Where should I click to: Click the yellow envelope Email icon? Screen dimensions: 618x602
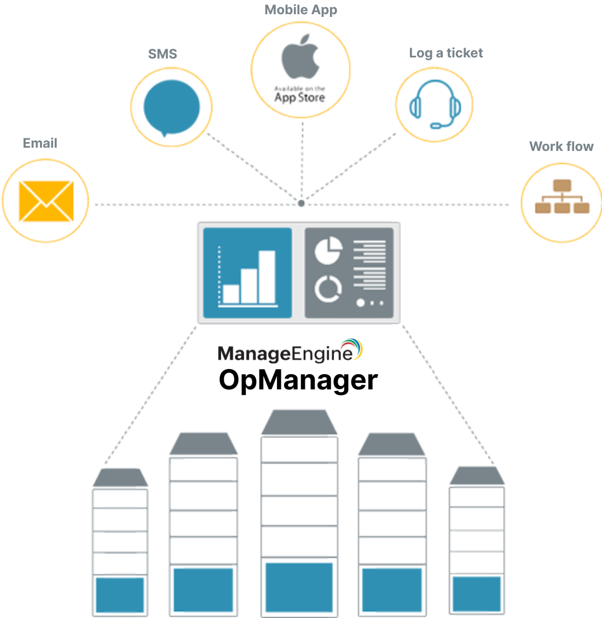[x=46, y=201]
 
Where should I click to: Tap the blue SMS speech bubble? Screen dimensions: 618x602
[x=171, y=107]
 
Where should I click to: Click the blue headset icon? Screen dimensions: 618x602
[x=435, y=104]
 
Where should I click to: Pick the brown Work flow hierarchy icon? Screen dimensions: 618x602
[x=562, y=197]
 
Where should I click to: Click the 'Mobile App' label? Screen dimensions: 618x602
[x=300, y=10]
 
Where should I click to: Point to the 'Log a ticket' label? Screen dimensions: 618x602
[x=445, y=53]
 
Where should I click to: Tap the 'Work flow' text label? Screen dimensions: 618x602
[x=561, y=147]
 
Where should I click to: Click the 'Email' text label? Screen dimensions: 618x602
[x=40, y=143]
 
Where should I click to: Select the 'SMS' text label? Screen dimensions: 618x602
[x=163, y=54]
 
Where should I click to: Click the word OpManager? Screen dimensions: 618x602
[x=298, y=380]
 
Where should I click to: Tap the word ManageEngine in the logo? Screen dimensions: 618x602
[x=285, y=354]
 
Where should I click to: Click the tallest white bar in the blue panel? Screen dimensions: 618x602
[x=267, y=277]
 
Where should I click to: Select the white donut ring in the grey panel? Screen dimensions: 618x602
[x=328, y=288]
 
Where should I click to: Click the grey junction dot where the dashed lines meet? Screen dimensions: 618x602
[x=301, y=203]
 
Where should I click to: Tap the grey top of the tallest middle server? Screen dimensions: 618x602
[x=299, y=423]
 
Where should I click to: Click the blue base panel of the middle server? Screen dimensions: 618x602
[x=299, y=586]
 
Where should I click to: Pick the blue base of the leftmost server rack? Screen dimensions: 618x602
[x=120, y=594]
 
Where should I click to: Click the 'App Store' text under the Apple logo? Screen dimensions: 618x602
[x=299, y=98]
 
